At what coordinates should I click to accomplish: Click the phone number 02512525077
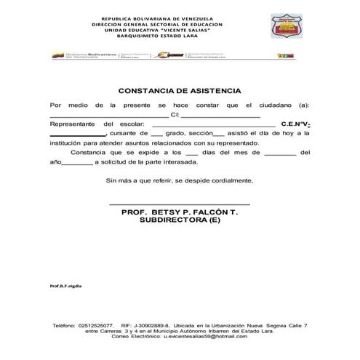tap(96, 325)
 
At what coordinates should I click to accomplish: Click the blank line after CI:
tap(220, 116)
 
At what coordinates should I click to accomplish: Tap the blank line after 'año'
tap(77, 164)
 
